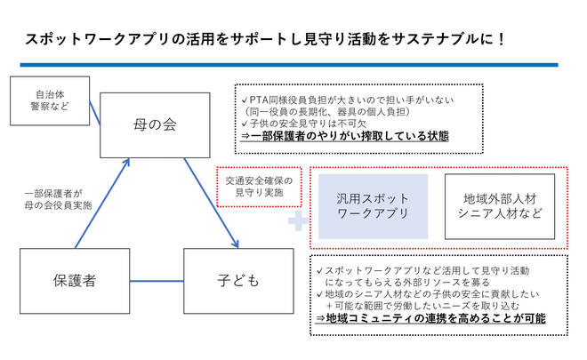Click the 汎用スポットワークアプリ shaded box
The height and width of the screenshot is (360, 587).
coord(373,206)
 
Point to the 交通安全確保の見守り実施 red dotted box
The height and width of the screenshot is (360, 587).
coord(259,187)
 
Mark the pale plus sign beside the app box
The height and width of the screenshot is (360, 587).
coord(296,220)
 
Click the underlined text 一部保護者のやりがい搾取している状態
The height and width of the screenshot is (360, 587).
coord(345,137)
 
